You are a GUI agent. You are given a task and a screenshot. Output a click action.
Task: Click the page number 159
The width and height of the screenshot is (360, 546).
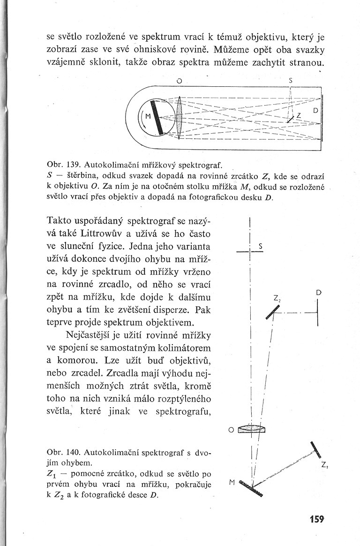click(x=317, y=519)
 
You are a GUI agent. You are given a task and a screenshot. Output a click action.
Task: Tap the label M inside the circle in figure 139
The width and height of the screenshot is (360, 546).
click(x=147, y=117)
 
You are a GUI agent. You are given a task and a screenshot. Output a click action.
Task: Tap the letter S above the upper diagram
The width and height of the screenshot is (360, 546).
click(x=291, y=80)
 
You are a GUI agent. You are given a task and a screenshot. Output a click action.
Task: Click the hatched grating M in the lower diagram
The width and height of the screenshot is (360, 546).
click(x=251, y=488)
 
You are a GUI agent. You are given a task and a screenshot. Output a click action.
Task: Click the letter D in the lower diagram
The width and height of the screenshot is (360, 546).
click(x=318, y=292)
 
